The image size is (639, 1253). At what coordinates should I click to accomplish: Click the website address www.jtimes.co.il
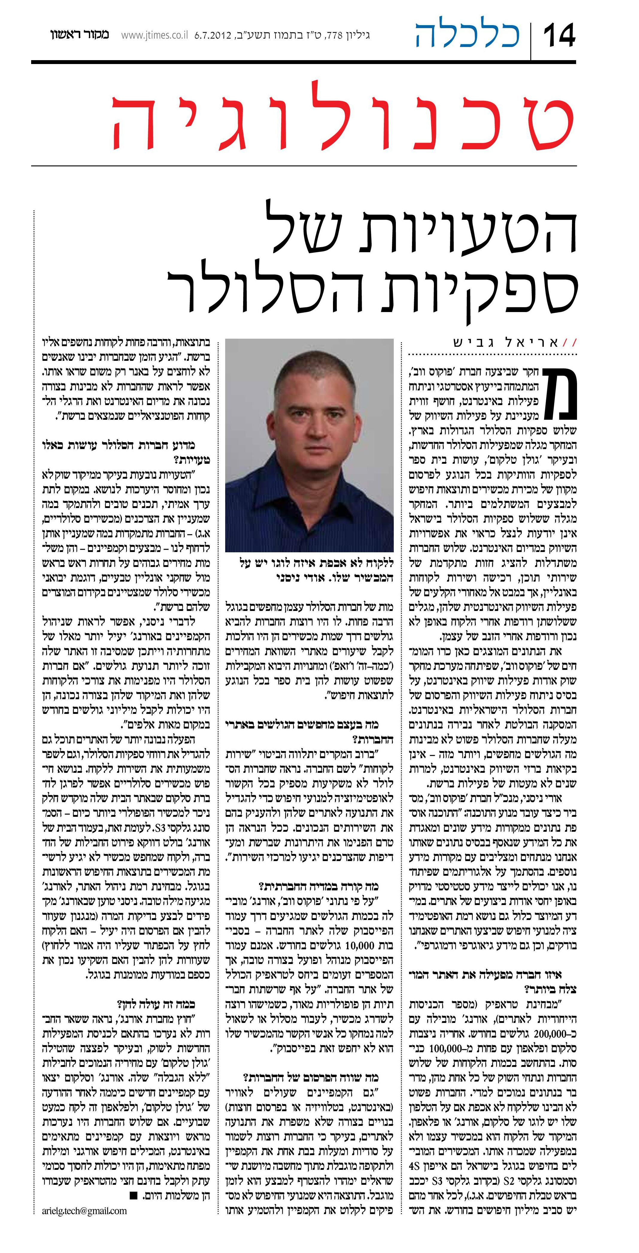[155, 35]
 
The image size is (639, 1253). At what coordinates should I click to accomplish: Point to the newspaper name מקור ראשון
[79, 35]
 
